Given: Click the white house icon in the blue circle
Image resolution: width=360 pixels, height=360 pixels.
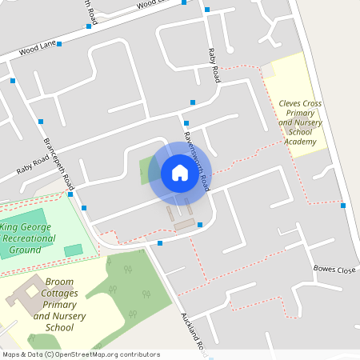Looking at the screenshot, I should [180, 173].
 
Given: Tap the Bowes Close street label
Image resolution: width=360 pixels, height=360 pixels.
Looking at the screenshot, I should [334, 270].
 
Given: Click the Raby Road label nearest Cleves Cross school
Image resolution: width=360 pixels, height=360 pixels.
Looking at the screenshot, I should [214, 64].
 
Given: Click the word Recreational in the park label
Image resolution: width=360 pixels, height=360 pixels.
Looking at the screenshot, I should [28, 238].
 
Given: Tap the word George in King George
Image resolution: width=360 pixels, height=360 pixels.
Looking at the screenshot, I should [36, 227].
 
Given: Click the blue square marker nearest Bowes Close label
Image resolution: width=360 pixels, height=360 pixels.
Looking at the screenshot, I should [343, 206].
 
